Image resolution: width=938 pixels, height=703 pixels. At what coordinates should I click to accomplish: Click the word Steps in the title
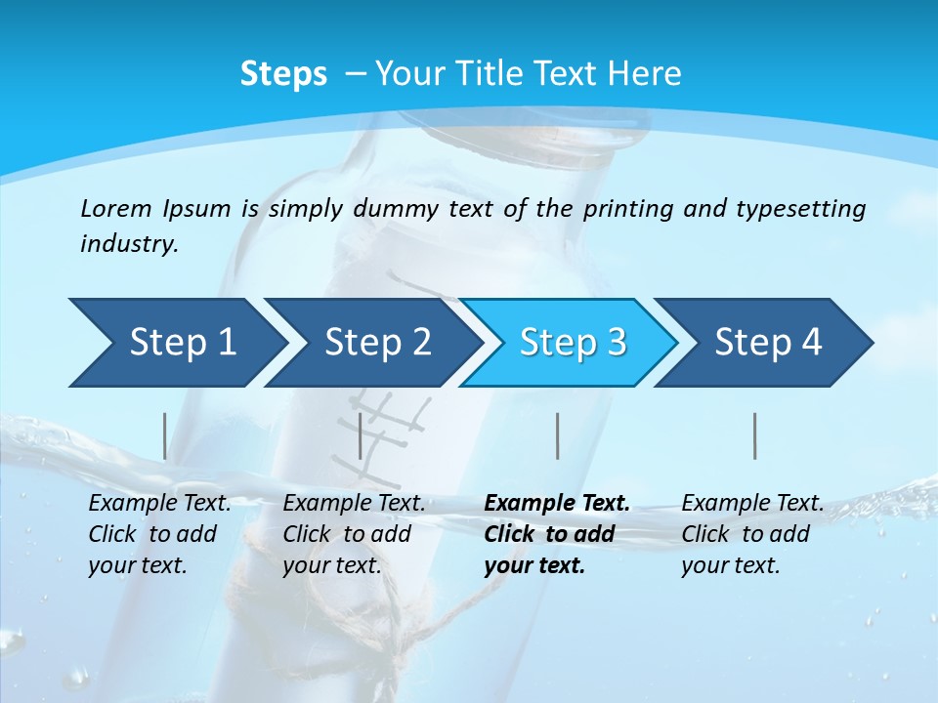coord(283,73)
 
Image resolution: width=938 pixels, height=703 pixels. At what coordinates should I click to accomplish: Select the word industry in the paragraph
coord(129,244)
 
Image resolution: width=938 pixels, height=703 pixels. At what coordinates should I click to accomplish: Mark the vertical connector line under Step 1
coord(164,435)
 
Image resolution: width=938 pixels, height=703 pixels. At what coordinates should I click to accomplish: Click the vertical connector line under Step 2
coord(361,435)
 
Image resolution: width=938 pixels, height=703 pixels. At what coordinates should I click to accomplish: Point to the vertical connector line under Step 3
coord(557,435)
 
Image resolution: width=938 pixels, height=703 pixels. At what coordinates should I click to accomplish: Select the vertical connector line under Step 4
coord(754,435)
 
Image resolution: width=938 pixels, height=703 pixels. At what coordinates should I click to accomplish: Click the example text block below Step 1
coord(159,534)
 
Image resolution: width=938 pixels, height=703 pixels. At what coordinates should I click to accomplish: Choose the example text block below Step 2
coord(354,534)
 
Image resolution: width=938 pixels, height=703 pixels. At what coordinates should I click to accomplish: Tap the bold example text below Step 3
coord(557,534)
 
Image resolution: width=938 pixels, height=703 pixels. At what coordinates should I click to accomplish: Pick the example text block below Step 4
coord(752,534)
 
